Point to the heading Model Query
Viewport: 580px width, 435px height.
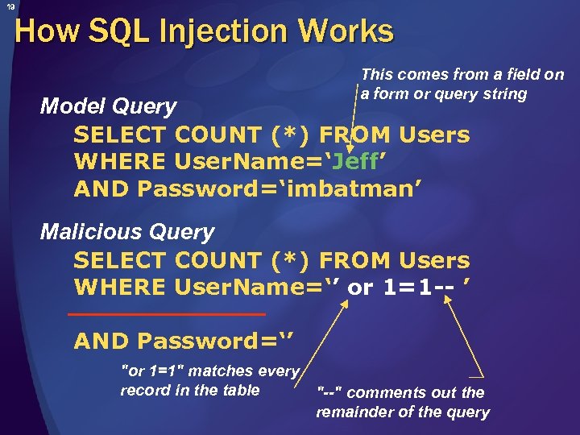109,106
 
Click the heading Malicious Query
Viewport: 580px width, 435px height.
127,232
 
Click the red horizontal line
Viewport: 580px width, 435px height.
167,313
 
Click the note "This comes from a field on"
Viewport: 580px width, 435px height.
462,75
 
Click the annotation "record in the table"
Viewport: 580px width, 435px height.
190,391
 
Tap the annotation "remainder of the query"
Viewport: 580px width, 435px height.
403,412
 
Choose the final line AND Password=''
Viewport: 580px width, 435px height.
186,341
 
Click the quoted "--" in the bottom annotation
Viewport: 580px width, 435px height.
329,392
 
